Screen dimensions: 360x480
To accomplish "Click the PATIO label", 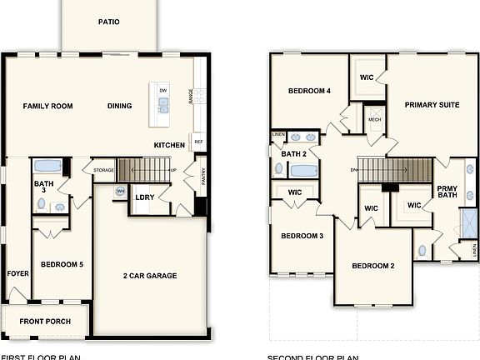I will pyautogui.click(x=108, y=22).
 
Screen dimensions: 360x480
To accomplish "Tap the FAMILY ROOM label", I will pyautogui.click(x=47, y=106).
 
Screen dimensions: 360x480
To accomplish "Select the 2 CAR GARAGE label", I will pyautogui.click(x=150, y=276).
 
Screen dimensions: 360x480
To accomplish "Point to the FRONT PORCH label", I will pyautogui.click(x=45, y=322).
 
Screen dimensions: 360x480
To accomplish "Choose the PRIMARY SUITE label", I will pyautogui.click(x=432, y=105).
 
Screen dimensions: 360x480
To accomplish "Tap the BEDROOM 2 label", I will pyautogui.click(x=372, y=266).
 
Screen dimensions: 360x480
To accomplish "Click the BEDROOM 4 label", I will pyautogui.click(x=309, y=91).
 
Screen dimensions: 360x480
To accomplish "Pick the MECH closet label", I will pyautogui.click(x=374, y=119).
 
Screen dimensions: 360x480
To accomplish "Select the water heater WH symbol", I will pyautogui.click(x=120, y=192).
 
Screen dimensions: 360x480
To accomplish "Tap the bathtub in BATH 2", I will pyautogui.click(x=303, y=171).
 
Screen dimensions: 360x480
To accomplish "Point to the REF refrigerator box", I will pyautogui.click(x=198, y=142).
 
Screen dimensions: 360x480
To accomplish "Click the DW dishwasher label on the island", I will pyautogui.click(x=163, y=89).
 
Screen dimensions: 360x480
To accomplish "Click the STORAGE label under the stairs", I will pyautogui.click(x=104, y=170).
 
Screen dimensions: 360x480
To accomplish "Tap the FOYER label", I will pyautogui.click(x=17, y=273).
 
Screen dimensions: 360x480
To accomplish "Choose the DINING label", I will pyautogui.click(x=121, y=106).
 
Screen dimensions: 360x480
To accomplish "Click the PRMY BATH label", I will pyautogui.click(x=447, y=192).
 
